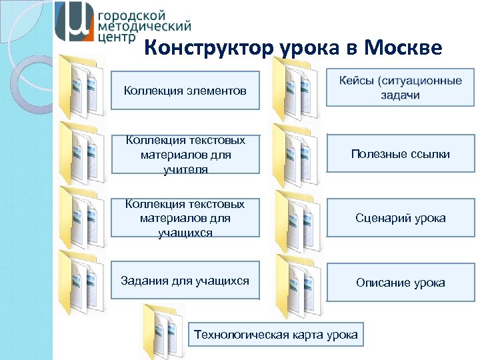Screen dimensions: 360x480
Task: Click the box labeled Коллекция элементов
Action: (185, 90)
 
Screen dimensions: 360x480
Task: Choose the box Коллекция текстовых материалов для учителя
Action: (185, 155)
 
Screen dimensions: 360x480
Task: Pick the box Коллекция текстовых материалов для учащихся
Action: (185, 218)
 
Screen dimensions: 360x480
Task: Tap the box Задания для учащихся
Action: (185, 281)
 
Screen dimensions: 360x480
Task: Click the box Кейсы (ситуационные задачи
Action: (400, 88)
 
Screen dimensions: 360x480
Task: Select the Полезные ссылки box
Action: (400, 154)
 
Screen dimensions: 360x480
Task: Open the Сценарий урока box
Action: (400, 218)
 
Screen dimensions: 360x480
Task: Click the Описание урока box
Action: (400, 283)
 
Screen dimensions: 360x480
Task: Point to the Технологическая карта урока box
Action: (275, 335)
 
